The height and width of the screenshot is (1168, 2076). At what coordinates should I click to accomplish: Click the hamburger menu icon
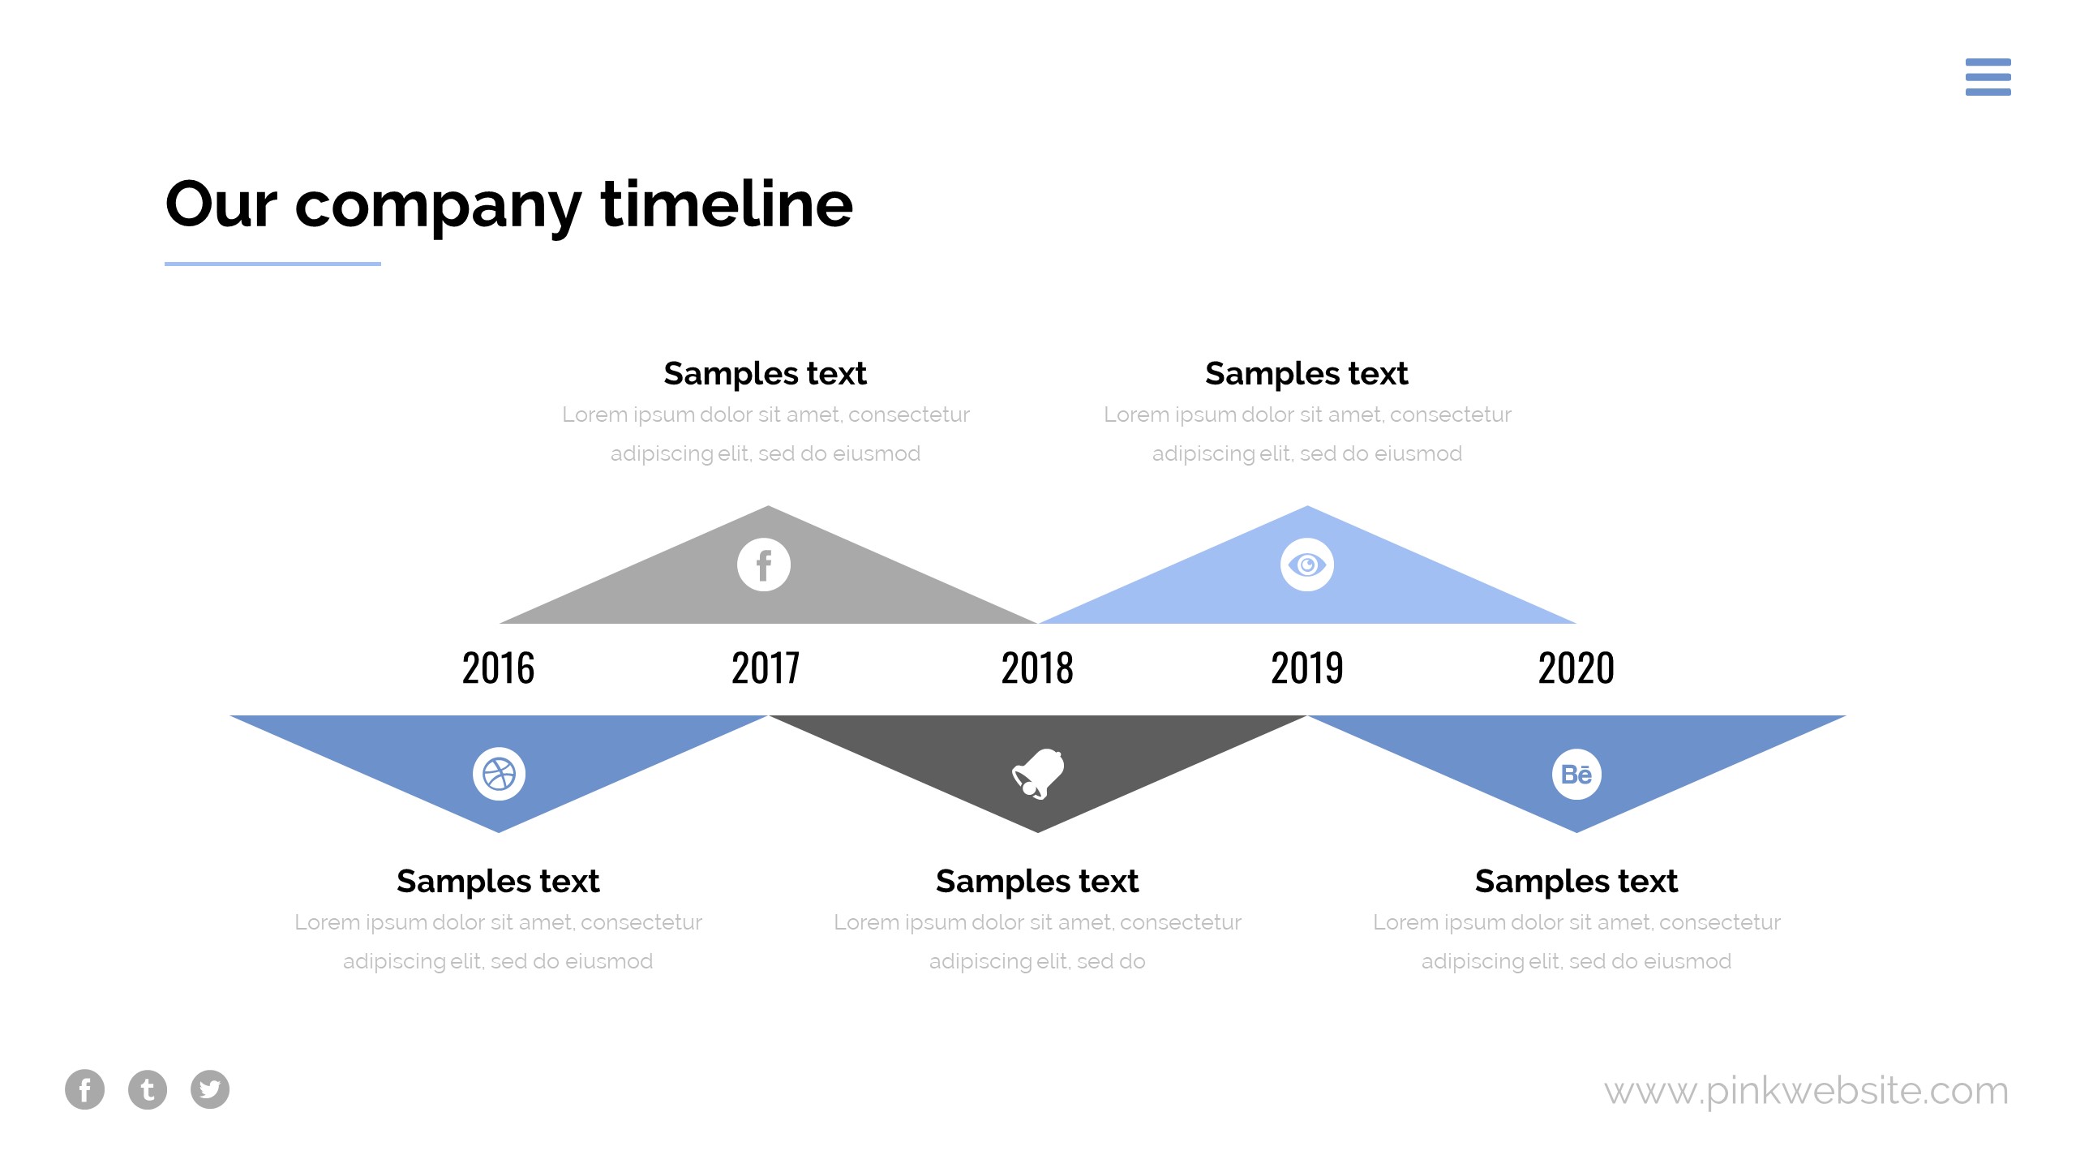click(x=1988, y=77)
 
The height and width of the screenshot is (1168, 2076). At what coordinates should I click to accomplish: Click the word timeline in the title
click(x=727, y=204)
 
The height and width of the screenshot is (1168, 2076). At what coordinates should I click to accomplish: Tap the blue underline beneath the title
click(x=272, y=264)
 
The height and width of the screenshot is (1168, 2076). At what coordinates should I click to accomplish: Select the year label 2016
click(x=498, y=668)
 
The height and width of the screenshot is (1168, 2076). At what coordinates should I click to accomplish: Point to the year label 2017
click(x=766, y=668)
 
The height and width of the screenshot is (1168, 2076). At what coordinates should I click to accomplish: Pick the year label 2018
click(x=1037, y=668)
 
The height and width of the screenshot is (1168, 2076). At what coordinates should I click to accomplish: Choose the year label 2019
click(x=1307, y=668)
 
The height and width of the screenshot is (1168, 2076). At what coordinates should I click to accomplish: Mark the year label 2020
click(x=1576, y=668)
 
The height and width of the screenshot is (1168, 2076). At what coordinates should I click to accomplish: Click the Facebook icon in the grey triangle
click(x=764, y=565)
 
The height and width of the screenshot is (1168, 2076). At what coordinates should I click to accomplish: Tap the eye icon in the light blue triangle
click(x=1307, y=565)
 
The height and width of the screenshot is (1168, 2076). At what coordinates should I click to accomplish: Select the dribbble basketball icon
click(x=499, y=774)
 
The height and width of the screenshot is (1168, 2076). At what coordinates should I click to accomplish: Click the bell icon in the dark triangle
click(x=1038, y=774)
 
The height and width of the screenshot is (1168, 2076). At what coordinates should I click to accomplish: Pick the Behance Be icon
click(x=1576, y=774)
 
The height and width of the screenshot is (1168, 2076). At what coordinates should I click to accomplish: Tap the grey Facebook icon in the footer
click(x=84, y=1089)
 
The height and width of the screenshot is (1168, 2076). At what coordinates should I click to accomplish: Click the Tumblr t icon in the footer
click(x=148, y=1089)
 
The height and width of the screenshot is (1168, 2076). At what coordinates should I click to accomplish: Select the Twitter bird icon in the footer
click(x=210, y=1089)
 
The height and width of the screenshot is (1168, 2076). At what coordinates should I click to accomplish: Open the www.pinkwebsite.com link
click(x=1806, y=1091)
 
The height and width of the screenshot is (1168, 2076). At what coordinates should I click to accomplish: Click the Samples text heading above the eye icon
click(x=1306, y=374)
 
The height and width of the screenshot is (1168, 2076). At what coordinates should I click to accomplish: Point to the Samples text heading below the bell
click(x=1037, y=882)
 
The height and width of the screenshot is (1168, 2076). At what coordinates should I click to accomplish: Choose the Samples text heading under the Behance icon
click(x=1576, y=882)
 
